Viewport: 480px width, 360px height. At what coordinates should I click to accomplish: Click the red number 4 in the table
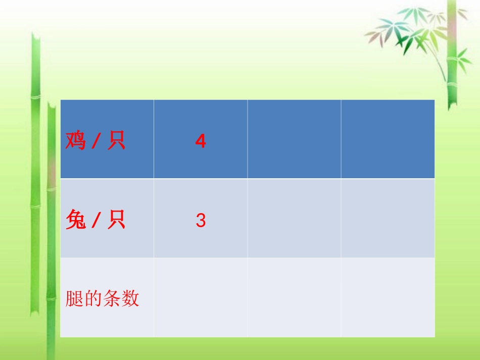click(201, 142)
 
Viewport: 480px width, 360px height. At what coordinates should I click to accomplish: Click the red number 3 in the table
click(201, 221)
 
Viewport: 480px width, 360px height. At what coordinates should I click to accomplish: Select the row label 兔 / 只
click(95, 221)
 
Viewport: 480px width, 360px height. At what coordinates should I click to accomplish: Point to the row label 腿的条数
click(102, 299)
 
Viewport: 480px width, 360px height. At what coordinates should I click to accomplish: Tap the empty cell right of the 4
click(294, 139)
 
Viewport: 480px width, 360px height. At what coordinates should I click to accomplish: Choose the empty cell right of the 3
click(294, 218)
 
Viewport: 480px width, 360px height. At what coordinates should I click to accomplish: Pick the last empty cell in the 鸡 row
click(388, 139)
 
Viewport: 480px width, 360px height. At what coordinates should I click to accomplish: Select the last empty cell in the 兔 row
click(388, 218)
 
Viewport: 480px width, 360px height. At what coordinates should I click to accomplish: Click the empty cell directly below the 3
click(201, 298)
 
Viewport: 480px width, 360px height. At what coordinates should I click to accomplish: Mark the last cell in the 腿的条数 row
click(388, 298)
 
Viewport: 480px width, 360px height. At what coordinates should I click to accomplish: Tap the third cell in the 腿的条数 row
click(294, 298)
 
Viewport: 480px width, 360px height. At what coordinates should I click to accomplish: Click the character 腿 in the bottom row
click(74, 299)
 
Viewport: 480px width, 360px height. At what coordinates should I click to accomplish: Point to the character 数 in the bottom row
click(130, 299)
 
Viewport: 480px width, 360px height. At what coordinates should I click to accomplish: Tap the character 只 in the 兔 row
click(116, 221)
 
